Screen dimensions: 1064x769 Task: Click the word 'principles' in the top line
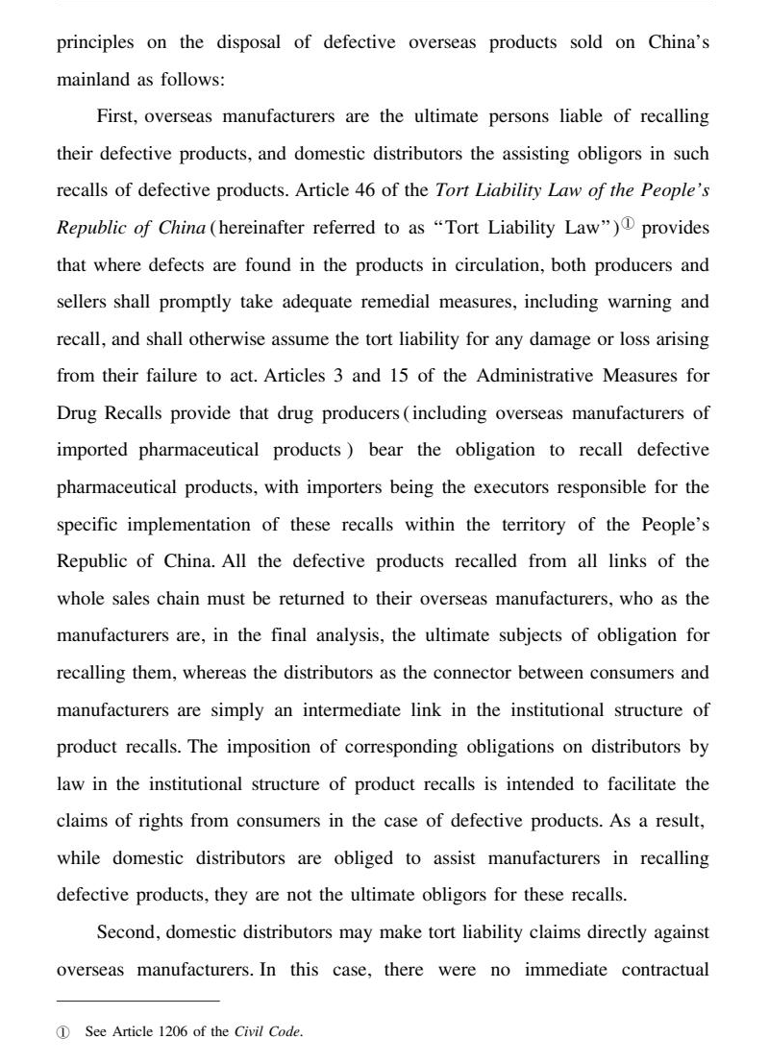click(96, 42)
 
